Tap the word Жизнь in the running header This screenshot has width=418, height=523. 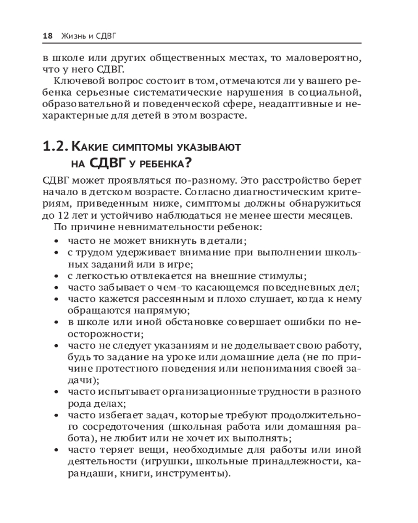tap(73, 37)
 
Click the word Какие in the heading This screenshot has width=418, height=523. tap(90, 147)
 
